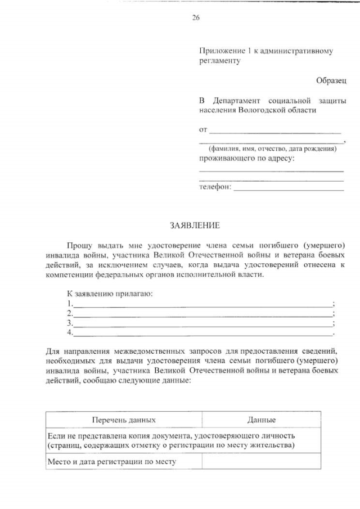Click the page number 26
point(196,17)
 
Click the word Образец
point(331,81)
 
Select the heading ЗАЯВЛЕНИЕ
point(195,226)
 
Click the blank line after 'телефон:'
point(288,188)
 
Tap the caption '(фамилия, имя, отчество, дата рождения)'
point(272,149)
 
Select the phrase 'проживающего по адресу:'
point(247,159)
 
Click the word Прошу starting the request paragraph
point(78,246)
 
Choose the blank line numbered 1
point(202,305)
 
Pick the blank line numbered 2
point(202,314)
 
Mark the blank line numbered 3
point(202,324)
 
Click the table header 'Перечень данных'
point(124,420)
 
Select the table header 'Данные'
point(261,420)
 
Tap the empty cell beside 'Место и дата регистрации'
point(261,462)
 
